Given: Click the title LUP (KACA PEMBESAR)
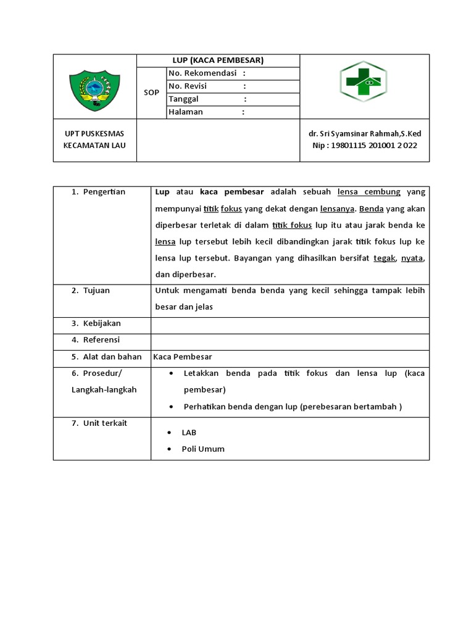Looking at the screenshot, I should pyautogui.click(x=218, y=60).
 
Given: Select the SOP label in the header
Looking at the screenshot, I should pyautogui.click(x=151, y=93).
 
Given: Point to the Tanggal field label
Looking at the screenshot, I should pyautogui.click(x=184, y=99).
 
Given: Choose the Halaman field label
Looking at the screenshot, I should pyautogui.click(x=186, y=112).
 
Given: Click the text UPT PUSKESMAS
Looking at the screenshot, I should pyautogui.click(x=94, y=134).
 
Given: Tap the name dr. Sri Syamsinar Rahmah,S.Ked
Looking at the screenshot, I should pyautogui.click(x=365, y=134).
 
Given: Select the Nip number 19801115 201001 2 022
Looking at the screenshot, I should pyautogui.click(x=365, y=146).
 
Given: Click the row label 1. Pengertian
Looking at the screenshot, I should pyautogui.click(x=98, y=192).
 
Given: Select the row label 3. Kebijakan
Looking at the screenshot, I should pyautogui.click(x=96, y=323).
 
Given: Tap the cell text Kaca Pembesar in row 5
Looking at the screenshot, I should pyautogui.click(x=183, y=357).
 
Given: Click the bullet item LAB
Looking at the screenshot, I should pyautogui.click(x=189, y=433).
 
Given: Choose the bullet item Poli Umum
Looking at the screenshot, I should pyautogui.click(x=203, y=449).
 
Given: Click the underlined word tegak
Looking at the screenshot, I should pyautogui.click(x=384, y=258).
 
